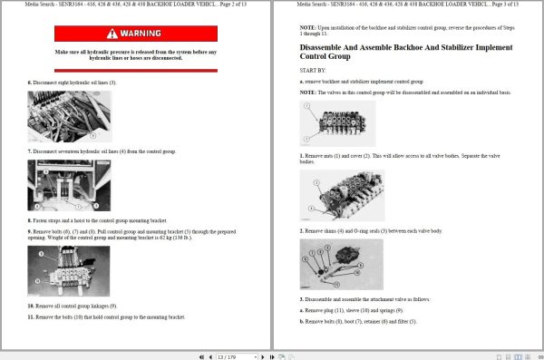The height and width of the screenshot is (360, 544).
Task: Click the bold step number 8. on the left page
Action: point(30,220)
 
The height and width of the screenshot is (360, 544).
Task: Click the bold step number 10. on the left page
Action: point(31,306)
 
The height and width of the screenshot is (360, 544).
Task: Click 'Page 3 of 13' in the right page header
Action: point(500,5)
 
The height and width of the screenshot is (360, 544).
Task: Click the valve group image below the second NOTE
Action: point(336,122)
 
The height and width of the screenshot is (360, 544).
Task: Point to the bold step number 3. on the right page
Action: point(302,298)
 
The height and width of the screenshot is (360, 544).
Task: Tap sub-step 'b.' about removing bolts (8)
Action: point(302,321)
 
